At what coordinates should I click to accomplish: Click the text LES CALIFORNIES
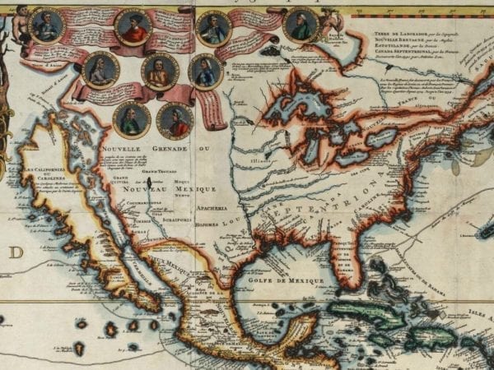50,169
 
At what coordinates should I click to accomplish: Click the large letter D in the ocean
16,252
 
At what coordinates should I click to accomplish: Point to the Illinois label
260,161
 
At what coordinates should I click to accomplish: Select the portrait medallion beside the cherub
47,26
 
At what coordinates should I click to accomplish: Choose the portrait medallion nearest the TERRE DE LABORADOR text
301,25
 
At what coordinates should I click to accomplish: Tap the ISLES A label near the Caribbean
473,312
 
